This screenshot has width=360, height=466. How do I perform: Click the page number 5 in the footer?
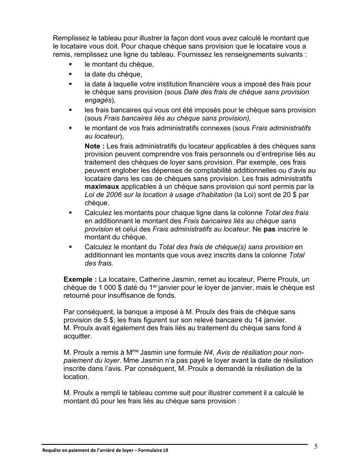tap(316, 446)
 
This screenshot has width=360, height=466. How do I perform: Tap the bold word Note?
tap(93, 146)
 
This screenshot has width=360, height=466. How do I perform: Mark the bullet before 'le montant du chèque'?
tap(70, 64)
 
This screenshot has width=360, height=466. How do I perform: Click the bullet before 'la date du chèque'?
tap(70, 74)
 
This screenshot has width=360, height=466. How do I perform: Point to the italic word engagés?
tap(98, 100)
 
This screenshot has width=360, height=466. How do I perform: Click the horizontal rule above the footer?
tap(174, 444)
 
